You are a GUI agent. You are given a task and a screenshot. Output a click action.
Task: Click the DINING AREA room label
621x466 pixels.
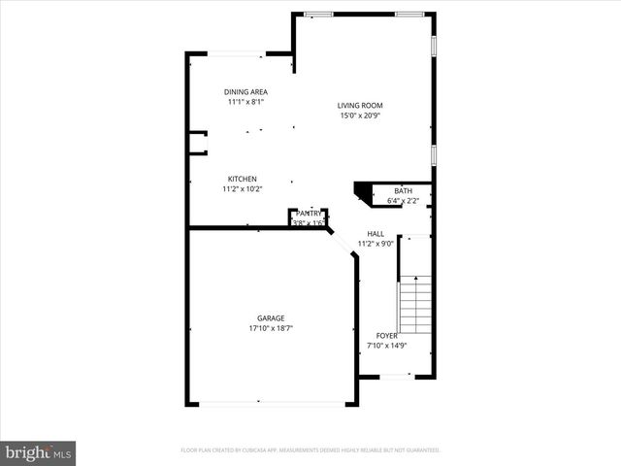(x=245, y=91)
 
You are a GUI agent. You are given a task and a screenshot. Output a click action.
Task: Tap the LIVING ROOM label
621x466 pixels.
(x=360, y=106)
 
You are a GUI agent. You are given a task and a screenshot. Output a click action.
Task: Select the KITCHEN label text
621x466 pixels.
(x=242, y=179)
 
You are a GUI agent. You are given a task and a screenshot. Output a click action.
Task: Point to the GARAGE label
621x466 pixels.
(x=271, y=318)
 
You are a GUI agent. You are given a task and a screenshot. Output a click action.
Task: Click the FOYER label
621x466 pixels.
(x=386, y=335)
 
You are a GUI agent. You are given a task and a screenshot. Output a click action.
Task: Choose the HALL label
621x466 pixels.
(x=376, y=234)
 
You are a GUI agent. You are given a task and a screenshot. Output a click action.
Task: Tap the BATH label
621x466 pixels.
(x=403, y=191)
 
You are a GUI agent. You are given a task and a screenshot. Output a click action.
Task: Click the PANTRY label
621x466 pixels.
(x=309, y=213)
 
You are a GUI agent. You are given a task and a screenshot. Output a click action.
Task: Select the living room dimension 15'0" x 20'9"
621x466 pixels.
(x=360, y=116)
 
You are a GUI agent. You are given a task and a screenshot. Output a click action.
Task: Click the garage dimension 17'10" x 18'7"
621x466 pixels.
(x=271, y=328)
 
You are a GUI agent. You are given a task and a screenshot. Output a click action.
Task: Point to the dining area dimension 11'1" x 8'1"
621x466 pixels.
(x=245, y=101)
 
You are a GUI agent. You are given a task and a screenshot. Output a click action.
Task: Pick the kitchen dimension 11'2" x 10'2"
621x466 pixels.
(x=242, y=188)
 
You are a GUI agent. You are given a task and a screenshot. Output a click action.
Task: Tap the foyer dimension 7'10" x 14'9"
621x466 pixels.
(x=386, y=345)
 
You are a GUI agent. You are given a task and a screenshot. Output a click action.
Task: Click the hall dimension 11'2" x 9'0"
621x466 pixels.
(x=376, y=244)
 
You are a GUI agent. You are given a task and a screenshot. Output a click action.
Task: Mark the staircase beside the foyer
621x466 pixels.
(x=415, y=303)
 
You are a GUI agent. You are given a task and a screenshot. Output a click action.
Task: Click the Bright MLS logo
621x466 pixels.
(x=39, y=452)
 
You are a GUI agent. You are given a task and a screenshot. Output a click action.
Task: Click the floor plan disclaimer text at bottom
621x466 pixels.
(x=310, y=450)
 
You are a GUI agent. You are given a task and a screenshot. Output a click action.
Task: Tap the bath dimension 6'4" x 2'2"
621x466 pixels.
(x=403, y=201)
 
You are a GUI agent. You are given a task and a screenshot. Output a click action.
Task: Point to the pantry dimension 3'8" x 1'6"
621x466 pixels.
(x=309, y=222)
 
